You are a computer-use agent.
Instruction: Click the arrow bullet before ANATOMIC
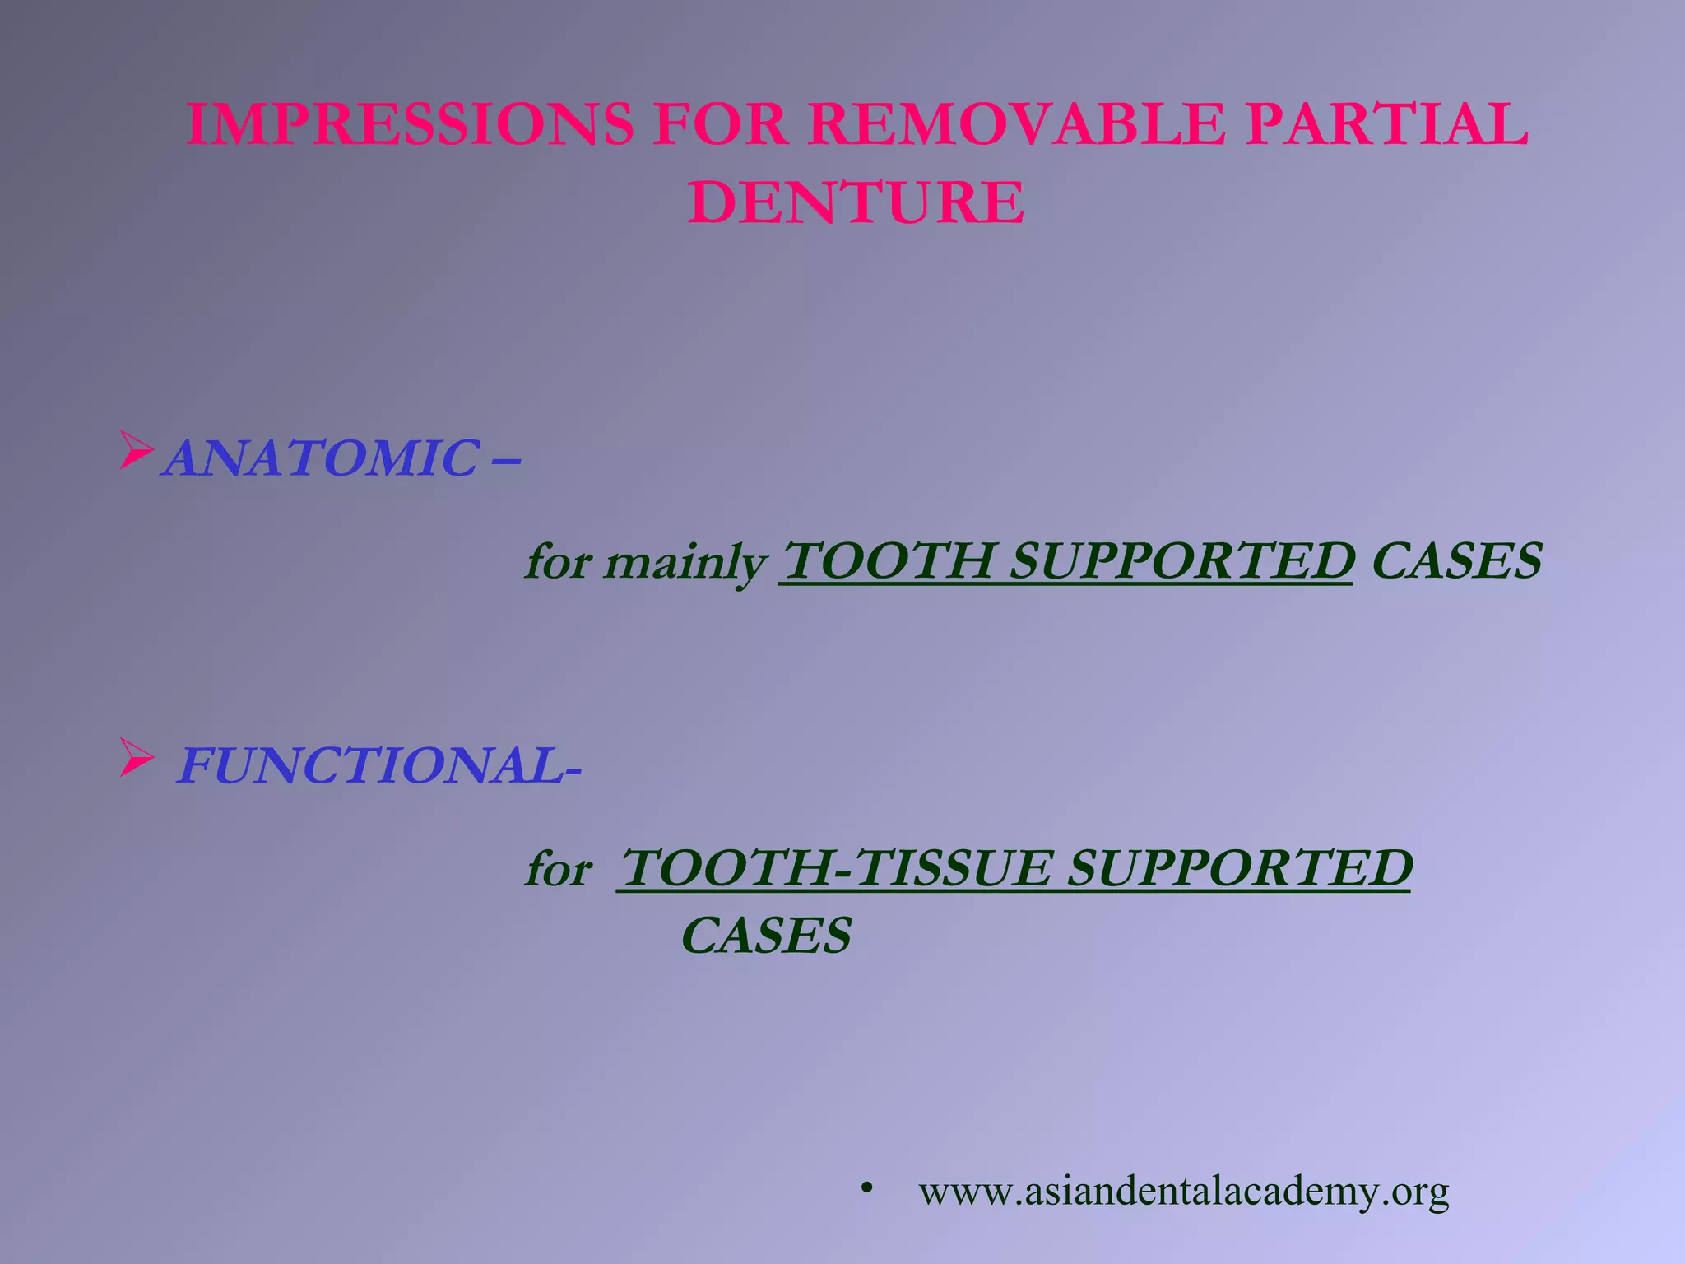pyautogui.click(x=137, y=450)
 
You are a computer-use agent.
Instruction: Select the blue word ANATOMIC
pyautogui.click(x=322, y=458)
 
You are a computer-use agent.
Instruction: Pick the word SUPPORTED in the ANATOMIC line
pyautogui.click(x=1181, y=561)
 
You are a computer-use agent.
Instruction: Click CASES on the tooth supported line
pyautogui.click(x=1456, y=561)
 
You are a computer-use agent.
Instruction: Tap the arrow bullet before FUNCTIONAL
pyautogui.click(x=137, y=758)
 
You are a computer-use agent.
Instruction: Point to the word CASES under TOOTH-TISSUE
pyautogui.click(x=767, y=936)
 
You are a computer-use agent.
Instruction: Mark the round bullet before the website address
pyautogui.click(x=866, y=1188)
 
